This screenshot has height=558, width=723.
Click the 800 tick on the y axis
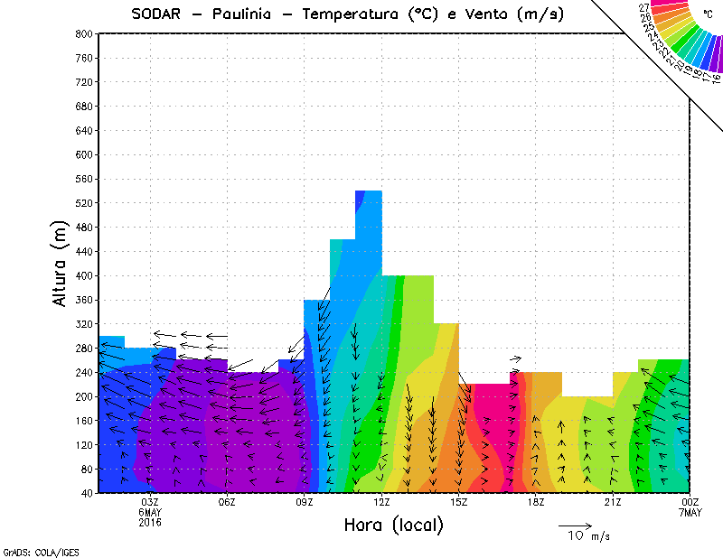click(x=84, y=33)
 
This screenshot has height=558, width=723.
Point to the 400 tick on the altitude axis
click(x=84, y=276)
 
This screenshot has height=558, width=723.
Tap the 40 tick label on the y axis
click(x=87, y=493)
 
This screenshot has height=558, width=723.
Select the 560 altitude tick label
click(x=84, y=179)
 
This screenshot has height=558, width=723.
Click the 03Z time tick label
click(x=150, y=502)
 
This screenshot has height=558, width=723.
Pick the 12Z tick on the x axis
click(x=381, y=502)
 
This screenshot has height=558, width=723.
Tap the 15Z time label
click(x=459, y=502)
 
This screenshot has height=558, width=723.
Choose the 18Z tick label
click(x=536, y=502)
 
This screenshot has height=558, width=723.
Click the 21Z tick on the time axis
click(x=613, y=502)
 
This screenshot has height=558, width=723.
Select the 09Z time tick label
click(x=305, y=502)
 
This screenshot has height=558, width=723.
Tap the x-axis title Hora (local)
click(x=393, y=525)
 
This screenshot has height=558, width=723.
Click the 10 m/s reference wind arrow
click(x=575, y=525)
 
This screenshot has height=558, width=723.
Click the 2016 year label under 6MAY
click(x=150, y=522)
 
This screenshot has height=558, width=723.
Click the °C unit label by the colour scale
click(x=708, y=14)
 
